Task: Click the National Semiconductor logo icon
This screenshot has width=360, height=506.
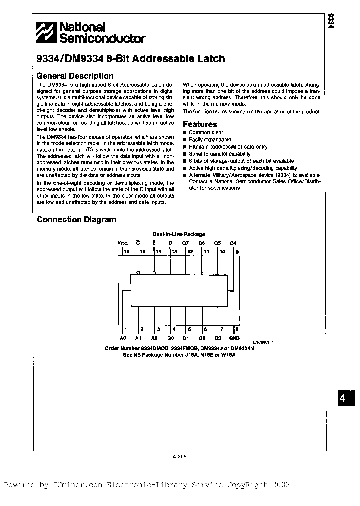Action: pos(47,33)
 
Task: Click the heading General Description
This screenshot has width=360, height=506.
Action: pos(75,76)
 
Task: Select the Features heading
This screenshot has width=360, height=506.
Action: pos(200,124)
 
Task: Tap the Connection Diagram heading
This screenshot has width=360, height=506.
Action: pos(76,220)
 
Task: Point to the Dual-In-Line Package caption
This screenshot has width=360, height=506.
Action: pos(178,234)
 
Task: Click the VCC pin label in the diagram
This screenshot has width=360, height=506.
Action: pos(123,243)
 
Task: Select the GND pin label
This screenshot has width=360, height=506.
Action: pos(234,338)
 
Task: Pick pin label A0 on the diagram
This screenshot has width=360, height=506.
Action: pos(123,338)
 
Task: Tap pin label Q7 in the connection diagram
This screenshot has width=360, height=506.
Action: pos(185,243)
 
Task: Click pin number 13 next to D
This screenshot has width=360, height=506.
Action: pos(174,252)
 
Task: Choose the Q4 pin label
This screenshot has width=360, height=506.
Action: pos(233,243)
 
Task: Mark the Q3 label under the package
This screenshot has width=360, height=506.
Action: pos(218,338)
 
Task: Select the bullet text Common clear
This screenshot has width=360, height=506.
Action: pos(206,133)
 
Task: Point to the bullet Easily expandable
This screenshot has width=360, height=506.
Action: pos(210,140)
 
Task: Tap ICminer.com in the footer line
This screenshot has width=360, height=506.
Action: pos(77,485)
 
